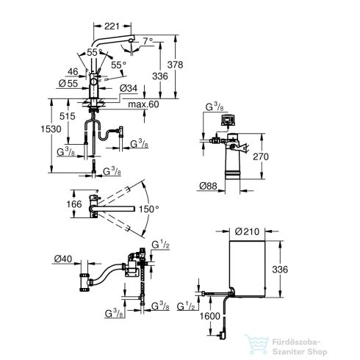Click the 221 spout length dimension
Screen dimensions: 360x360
pos(112,26)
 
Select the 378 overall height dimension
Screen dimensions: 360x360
pos(175,65)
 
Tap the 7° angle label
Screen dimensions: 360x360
pos(148,41)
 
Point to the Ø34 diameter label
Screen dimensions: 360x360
pos(129,88)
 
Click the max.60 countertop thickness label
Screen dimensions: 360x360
pos(143,104)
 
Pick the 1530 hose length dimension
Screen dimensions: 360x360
pos(51,129)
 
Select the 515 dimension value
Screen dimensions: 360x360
pos(68,116)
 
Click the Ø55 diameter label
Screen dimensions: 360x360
pos(68,84)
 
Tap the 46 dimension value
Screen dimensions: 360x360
pos(73,72)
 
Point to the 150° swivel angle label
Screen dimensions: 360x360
pos(149,209)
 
